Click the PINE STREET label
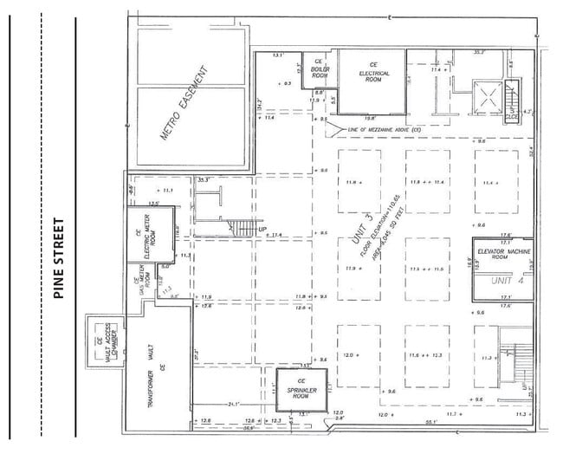(x=60, y=258)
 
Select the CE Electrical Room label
(x=374, y=69)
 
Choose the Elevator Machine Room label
(x=504, y=254)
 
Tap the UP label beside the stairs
(x=263, y=229)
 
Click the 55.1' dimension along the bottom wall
(x=430, y=422)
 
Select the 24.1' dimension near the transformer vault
(x=234, y=404)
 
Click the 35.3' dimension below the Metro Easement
(x=204, y=180)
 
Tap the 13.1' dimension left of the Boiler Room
(x=277, y=55)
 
